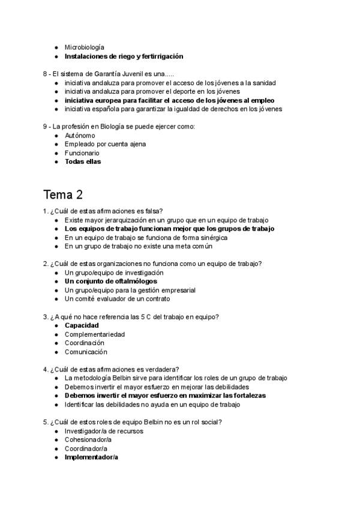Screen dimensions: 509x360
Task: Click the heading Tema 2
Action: click(x=63, y=195)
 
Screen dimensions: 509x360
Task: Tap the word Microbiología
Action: click(x=84, y=47)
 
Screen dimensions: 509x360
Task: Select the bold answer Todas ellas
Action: click(x=83, y=161)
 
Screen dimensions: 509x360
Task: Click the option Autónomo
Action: click(x=80, y=136)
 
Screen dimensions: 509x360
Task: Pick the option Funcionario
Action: click(x=82, y=153)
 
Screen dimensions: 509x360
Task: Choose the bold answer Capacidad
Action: click(x=82, y=325)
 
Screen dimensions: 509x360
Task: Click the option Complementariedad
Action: click(x=95, y=334)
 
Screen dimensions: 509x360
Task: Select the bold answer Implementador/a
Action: click(x=91, y=457)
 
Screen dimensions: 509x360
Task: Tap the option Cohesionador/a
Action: click(x=88, y=440)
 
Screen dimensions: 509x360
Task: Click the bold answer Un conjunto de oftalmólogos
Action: click(x=111, y=281)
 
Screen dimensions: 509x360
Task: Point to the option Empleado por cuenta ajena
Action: click(x=105, y=144)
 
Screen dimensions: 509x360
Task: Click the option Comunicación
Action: click(x=86, y=352)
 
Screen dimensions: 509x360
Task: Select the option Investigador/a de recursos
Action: click(x=104, y=431)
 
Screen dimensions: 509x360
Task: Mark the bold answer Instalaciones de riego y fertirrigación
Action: click(x=124, y=56)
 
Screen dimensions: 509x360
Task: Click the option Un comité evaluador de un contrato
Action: click(x=118, y=298)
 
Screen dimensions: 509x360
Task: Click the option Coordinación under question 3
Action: click(x=85, y=343)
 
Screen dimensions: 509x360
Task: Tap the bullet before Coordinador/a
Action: click(x=56, y=449)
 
